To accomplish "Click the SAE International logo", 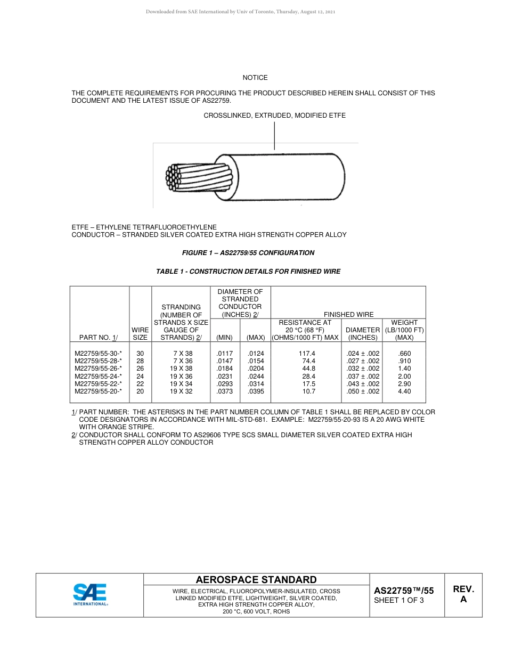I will click(90, 594).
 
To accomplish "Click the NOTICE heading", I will click(255, 78).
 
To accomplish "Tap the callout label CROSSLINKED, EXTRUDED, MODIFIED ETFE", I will click(274, 116).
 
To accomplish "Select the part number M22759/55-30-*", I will click(99, 354).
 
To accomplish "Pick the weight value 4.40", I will click(404, 391).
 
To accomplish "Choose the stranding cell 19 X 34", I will click(181, 384).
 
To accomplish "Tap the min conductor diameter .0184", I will click(225, 369).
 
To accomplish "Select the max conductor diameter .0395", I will click(256, 391).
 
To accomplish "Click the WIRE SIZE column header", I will click(140, 334).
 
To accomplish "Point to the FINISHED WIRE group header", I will click(348, 315).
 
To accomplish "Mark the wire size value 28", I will click(140, 361).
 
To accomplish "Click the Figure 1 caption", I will click(248, 253).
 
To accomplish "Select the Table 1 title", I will click(248, 272).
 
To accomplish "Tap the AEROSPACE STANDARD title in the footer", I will click(256, 580).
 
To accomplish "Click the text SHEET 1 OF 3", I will click(399, 601).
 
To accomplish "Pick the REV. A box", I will click(463, 594).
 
